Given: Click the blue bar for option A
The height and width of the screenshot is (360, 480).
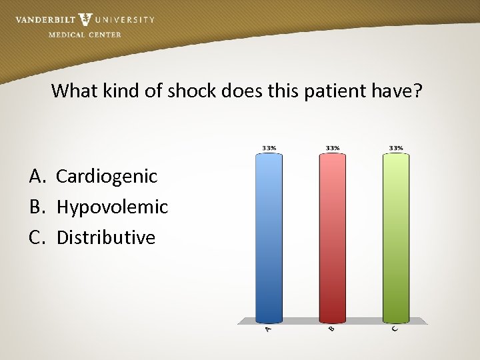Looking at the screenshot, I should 269,237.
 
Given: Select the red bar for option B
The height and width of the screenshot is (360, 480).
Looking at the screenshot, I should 333,237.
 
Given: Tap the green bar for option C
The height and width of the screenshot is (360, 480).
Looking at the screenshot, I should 396,237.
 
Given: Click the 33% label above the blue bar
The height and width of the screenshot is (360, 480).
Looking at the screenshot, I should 269,147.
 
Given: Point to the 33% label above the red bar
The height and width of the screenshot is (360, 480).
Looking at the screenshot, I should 333,147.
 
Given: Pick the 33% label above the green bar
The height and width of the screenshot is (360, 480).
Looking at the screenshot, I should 396,147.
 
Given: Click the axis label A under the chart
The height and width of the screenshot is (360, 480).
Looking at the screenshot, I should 268,329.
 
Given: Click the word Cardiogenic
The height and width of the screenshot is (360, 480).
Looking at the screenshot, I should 107,177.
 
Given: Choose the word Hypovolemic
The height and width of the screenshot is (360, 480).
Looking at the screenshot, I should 112,207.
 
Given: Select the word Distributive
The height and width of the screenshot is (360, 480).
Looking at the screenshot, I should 106,237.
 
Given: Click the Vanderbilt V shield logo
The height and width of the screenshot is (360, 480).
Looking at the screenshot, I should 85,19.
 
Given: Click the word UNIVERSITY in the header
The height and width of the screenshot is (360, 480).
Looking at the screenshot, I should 125,20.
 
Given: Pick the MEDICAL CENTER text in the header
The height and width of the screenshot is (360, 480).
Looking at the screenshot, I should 85,35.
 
